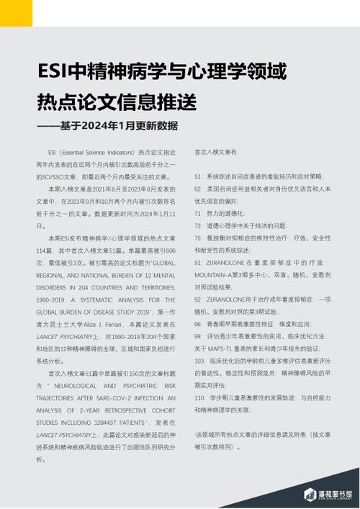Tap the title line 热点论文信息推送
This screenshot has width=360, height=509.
point(116,103)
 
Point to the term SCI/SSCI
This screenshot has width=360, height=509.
point(51,176)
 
